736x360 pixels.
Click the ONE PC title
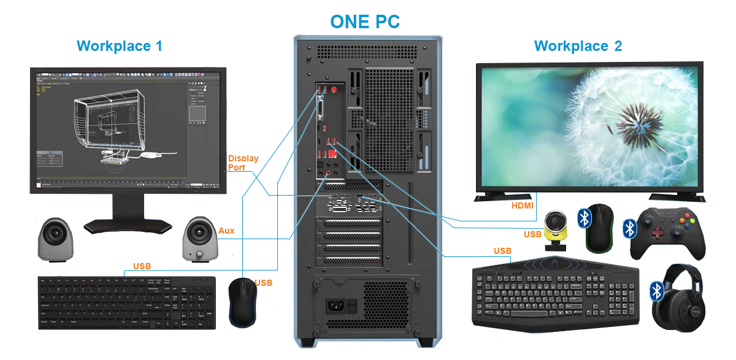pyautogui.click(x=365, y=21)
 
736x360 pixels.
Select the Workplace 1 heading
pyautogui.click(x=120, y=46)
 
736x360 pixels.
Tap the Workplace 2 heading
pyautogui.click(x=578, y=46)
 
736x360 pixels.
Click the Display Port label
pyautogui.click(x=243, y=163)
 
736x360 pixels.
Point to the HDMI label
pyautogui.click(x=523, y=206)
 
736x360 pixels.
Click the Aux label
pyautogui.click(x=226, y=231)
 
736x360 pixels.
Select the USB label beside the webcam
pyautogui.click(x=532, y=235)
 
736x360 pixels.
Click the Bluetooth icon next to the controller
pyautogui.click(x=630, y=228)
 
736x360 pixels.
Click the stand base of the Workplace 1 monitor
pyautogui.click(x=127, y=226)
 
